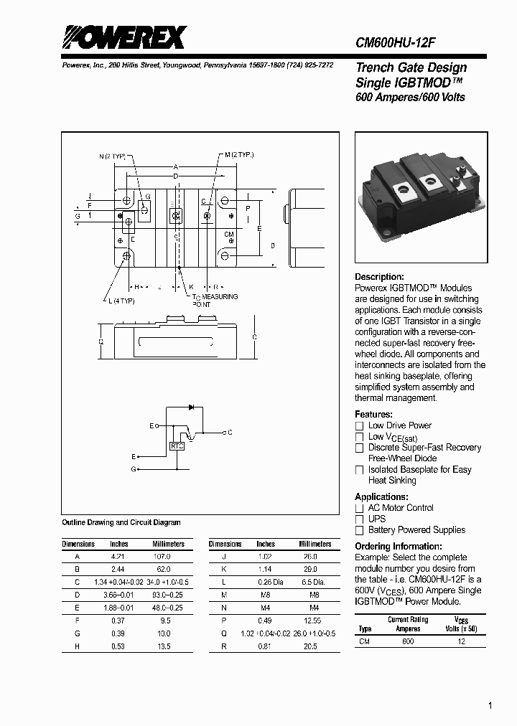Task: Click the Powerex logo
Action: click(x=124, y=37)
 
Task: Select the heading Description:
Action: click(x=379, y=277)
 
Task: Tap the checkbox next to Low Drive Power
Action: click(x=360, y=426)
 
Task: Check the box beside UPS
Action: click(x=360, y=519)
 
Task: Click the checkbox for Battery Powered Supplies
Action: click(x=360, y=531)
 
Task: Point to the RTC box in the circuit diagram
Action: click(x=177, y=446)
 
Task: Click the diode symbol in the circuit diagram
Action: click(x=191, y=407)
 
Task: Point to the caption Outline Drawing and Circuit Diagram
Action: click(x=121, y=523)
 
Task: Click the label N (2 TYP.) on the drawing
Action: click(x=113, y=156)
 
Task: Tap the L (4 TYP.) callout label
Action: click(x=121, y=301)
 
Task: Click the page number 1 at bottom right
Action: click(x=490, y=706)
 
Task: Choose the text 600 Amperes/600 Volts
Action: click(x=410, y=98)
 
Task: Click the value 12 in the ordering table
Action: click(x=462, y=642)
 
